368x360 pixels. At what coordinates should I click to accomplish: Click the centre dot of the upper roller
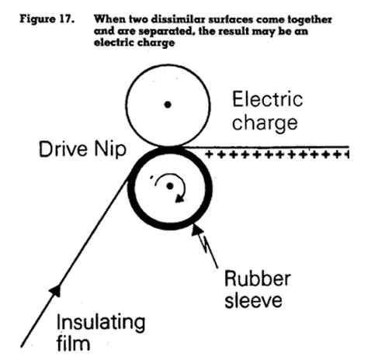pyautogui.click(x=168, y=105)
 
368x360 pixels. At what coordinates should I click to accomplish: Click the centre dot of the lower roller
pyautogui.click(x=170, y=186)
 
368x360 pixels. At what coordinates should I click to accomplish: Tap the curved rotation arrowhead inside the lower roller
pyautogui.click(x=180, y=199)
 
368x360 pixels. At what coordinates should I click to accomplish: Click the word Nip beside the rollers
pyautogui.click(x=110, y=151)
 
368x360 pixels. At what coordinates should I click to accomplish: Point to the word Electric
pyautogui.click(x=268, y=99)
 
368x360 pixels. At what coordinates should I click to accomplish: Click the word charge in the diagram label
pyautogui.click(x=265, y=123)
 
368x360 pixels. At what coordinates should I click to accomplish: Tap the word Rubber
pyautogui.click(x=258, y=279)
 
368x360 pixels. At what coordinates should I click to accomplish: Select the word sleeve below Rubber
pyautogui.click(x=253, y=300)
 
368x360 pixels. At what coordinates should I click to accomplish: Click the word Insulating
pyautogui.click(x=101, y=323)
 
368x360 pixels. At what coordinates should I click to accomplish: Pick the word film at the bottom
pyautogui.click(x=73, y=343)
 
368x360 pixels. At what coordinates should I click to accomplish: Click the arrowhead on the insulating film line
pyautogui.click(x=56, y=290)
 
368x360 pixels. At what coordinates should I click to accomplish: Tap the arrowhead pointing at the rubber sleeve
pyautogui.click(x=196, y=229)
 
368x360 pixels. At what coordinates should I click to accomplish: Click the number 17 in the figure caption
pyautogui.click(x=67, y=19)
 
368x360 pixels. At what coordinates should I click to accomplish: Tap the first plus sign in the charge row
pyautogui.click(x=209, y=154)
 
